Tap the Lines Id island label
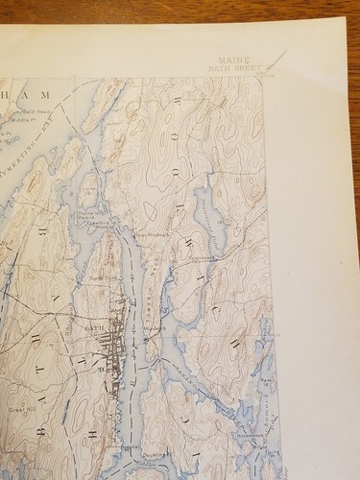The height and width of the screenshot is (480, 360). tap(92, 188)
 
